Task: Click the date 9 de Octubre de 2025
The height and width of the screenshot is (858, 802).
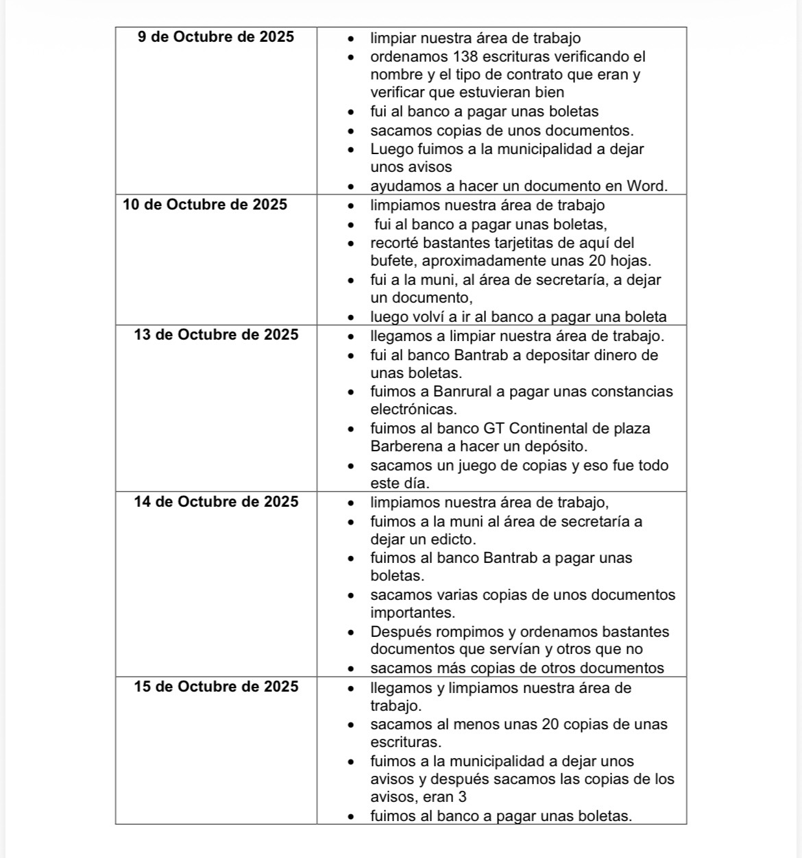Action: point(216,37)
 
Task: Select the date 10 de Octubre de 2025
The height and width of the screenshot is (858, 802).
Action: point(205,205)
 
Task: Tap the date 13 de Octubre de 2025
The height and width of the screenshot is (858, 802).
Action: point(216,335)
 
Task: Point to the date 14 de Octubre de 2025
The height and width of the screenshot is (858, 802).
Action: point(216,502)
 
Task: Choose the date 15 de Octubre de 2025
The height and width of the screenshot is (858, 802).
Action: point(216,687)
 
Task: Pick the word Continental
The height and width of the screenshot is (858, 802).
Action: point(556,429)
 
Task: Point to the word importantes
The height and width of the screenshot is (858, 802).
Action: point(413,612)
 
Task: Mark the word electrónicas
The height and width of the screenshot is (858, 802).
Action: point(413,409)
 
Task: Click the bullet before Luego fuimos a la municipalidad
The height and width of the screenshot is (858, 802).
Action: point(352,150)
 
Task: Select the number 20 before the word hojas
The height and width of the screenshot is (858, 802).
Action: point(598,261)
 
